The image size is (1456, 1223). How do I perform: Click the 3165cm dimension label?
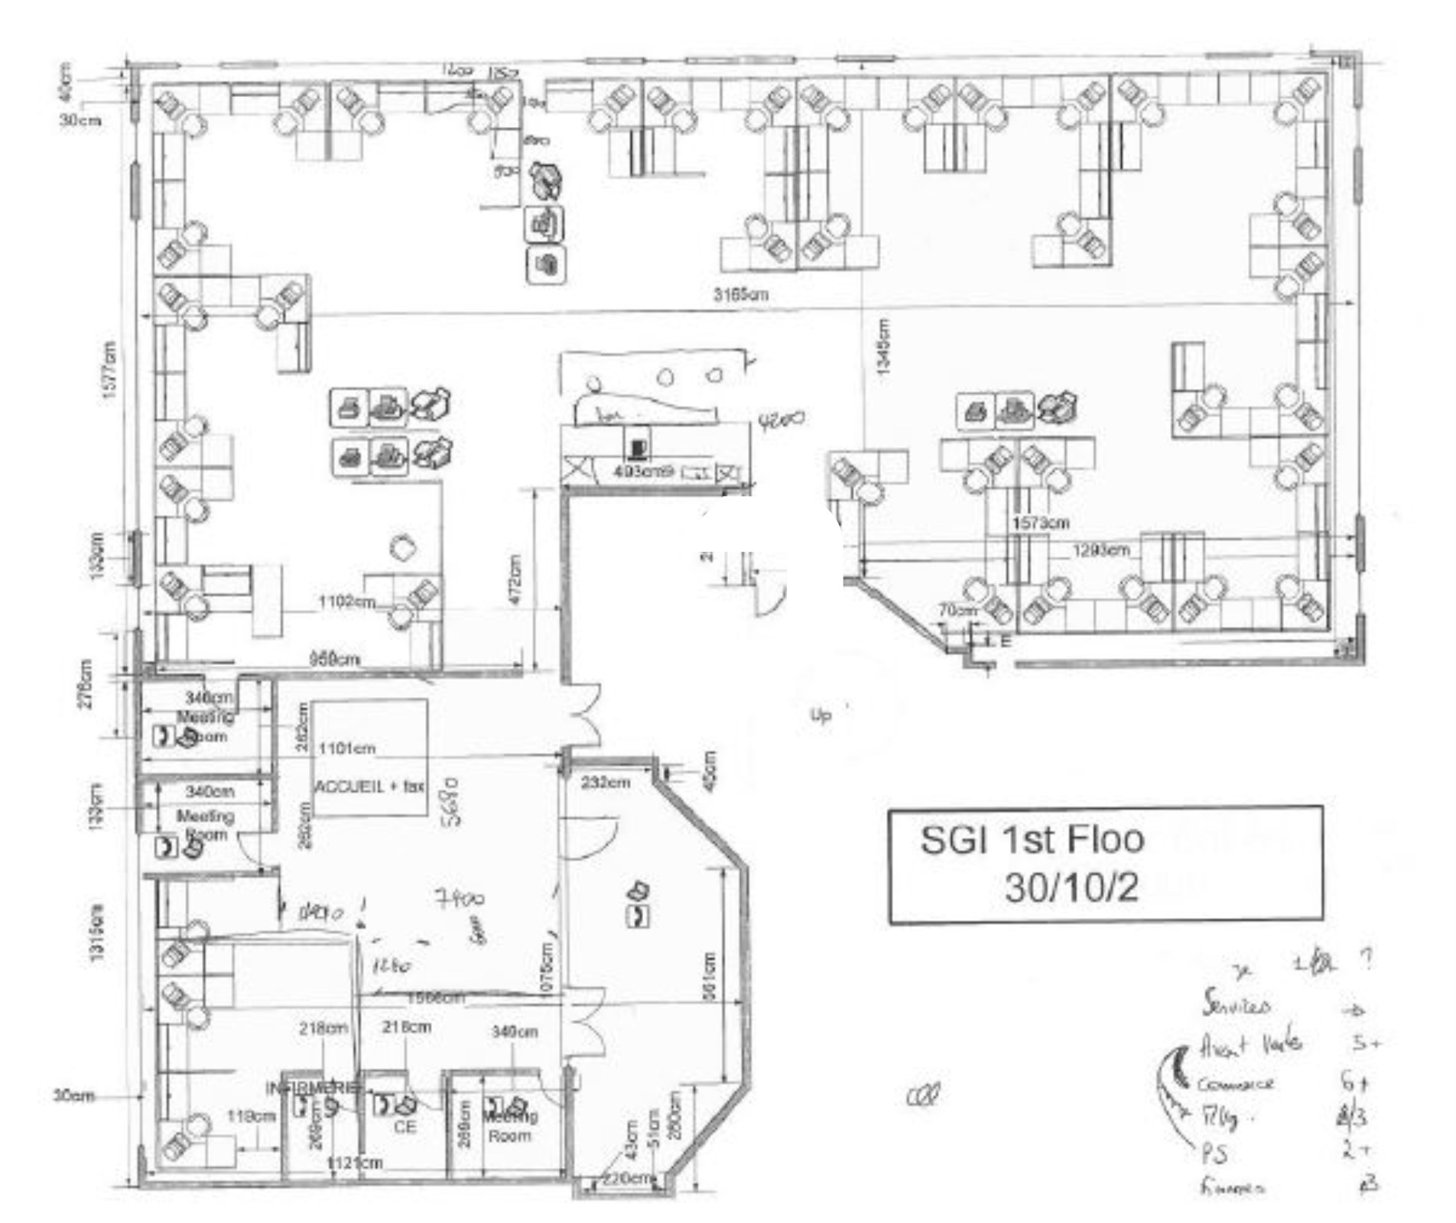pos(740,294)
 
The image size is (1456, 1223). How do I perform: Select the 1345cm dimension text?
pos(884,346)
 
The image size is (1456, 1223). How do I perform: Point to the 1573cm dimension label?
pos(1040,524)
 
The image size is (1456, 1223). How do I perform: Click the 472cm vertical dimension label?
pos(515,580)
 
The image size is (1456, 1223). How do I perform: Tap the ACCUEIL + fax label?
pos(370,786)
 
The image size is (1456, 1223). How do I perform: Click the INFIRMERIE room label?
pos(311,1088)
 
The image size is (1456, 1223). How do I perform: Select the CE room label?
pos(405,1127)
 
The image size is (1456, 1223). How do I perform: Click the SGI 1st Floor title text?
pos(1032,840)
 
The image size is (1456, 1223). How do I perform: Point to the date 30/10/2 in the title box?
pos(1071,887)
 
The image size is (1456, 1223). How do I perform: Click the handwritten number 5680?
pos(451,802)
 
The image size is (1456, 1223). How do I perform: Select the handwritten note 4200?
pos(782,420)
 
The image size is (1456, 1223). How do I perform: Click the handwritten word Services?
pos(1236,1003)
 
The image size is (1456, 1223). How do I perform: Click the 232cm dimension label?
pos(606,783)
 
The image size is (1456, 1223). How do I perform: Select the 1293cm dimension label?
pos(1100,550)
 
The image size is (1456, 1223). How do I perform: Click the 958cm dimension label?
pos(334,659)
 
